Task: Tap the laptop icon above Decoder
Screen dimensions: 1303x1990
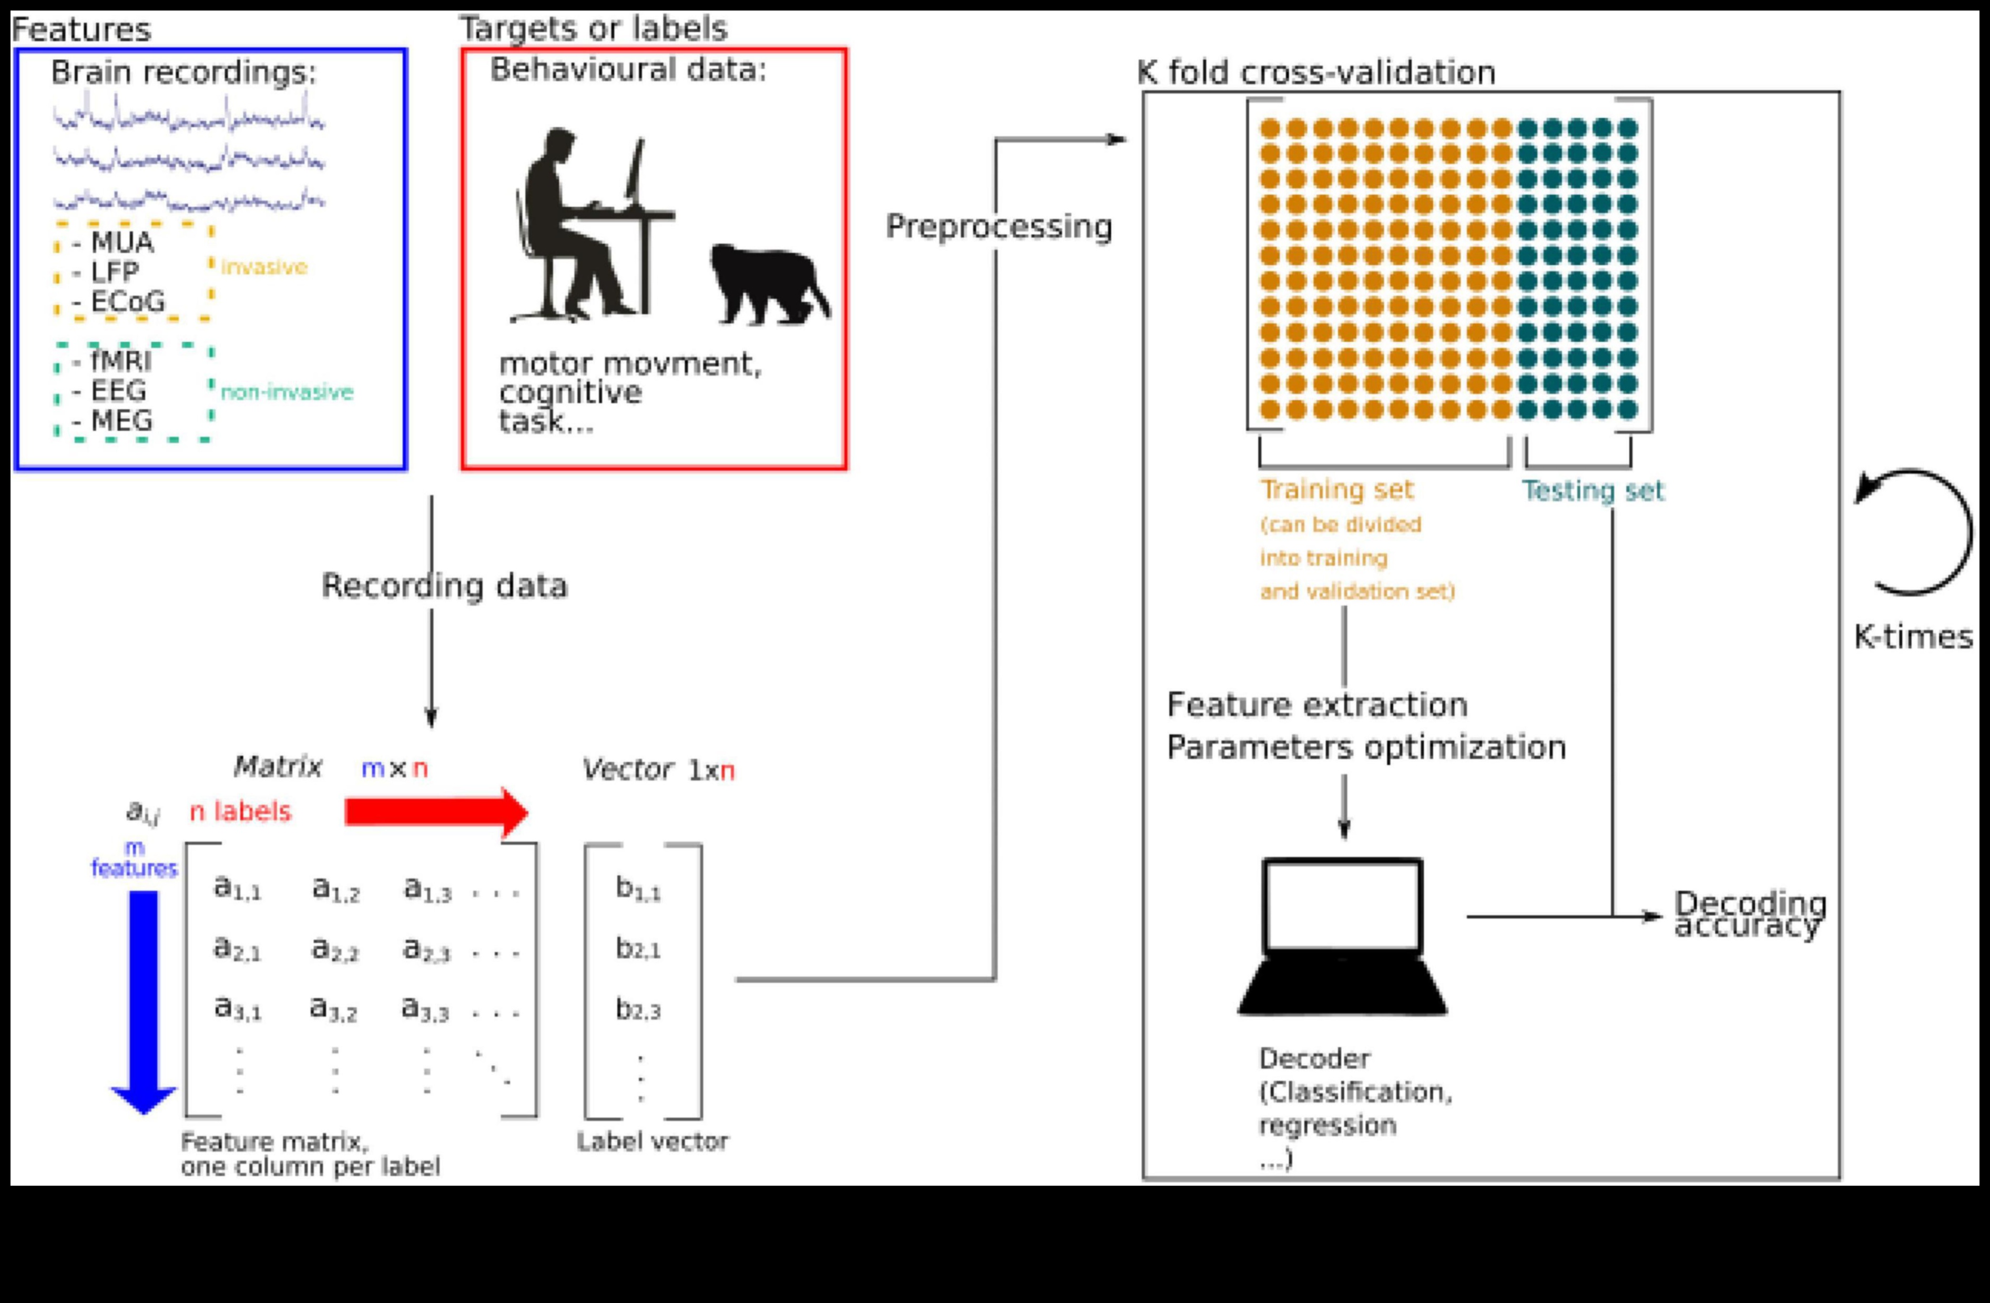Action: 1342,937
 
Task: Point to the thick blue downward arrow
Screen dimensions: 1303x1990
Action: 144,999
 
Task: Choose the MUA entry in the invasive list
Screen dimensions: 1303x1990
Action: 121,243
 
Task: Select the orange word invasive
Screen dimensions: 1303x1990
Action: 264,268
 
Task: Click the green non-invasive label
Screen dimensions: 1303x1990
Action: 287,392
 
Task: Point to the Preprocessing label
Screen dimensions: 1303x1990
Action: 998,227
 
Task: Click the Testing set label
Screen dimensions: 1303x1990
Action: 1593,491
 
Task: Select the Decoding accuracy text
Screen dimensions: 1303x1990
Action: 1749,914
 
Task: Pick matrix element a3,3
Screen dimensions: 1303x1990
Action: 425,1008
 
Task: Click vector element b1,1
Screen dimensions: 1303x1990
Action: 637,888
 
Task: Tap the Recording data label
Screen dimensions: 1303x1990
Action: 444,586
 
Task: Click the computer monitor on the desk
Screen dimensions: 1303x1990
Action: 636,171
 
